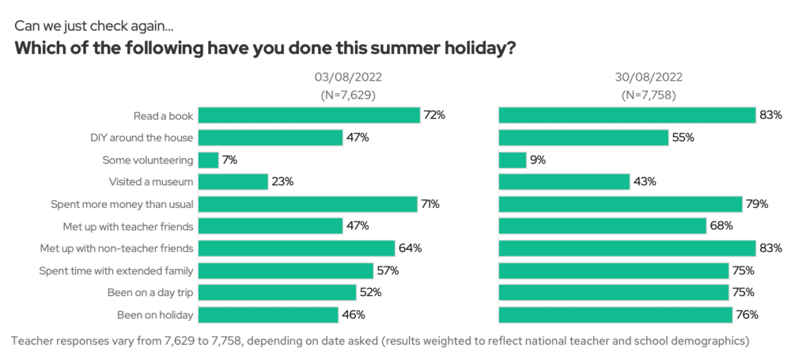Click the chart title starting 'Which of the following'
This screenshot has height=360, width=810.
point(266,48)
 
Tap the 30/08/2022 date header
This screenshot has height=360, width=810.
point(648,78)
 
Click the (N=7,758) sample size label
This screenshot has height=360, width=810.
point(648,95)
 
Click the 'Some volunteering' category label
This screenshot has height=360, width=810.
point(148,160)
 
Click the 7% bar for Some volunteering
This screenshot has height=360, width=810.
point(208,160)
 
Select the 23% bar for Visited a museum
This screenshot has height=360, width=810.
point(233,182)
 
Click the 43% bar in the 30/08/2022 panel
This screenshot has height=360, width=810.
point(564,182)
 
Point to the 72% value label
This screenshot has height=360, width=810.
point(434,116)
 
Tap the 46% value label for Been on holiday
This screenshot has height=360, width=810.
point(353,315)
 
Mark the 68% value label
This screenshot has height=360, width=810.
point(721,226)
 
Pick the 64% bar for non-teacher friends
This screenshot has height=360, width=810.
point(296,248)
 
